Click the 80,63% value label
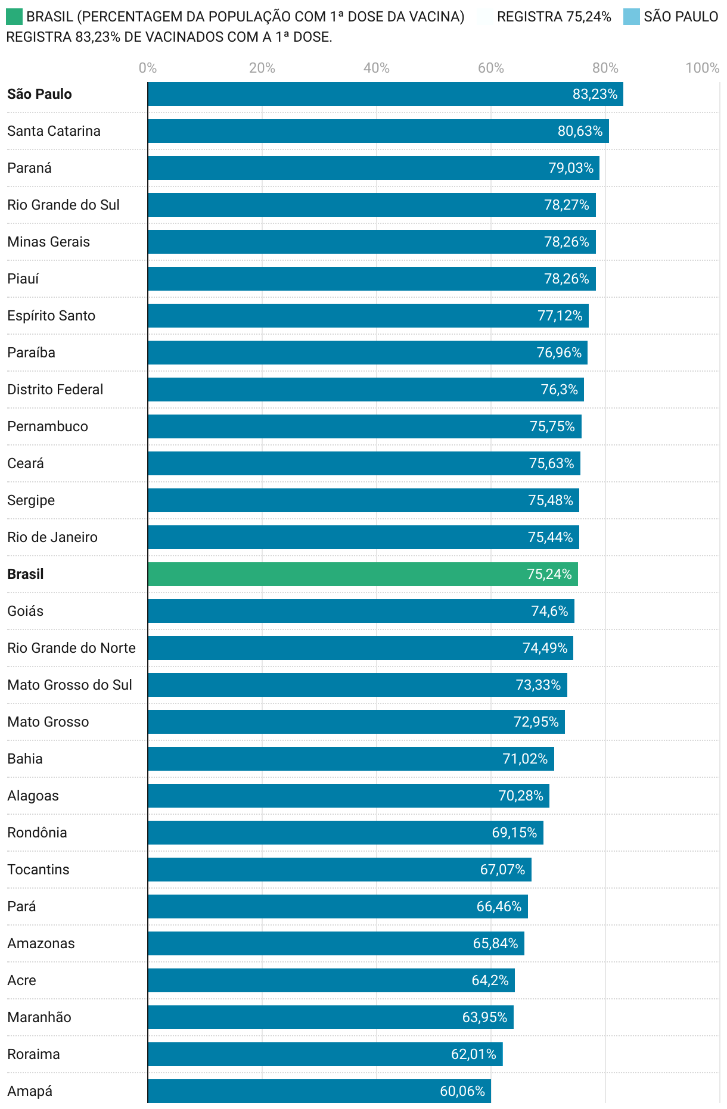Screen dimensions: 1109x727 pos(580,131)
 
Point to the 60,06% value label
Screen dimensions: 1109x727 pos(462,1091)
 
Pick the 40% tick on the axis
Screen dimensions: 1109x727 pos(377,68)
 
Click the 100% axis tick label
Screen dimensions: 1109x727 pos(702,68)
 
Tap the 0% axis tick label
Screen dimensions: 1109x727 pos(148,68)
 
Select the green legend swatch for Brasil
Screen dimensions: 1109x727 pos(14,17)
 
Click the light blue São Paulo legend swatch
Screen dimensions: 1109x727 pos(631,17)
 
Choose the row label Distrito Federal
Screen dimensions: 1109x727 pos(55,390)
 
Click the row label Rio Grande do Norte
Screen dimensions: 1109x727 pos(72,648)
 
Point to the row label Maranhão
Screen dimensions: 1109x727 pos(39,1017)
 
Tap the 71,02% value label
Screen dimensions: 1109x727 pos(525,759)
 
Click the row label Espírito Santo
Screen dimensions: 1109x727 pos(51,316)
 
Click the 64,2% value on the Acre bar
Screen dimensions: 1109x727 pos(490,980)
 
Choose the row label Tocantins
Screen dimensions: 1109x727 pos(38,870)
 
